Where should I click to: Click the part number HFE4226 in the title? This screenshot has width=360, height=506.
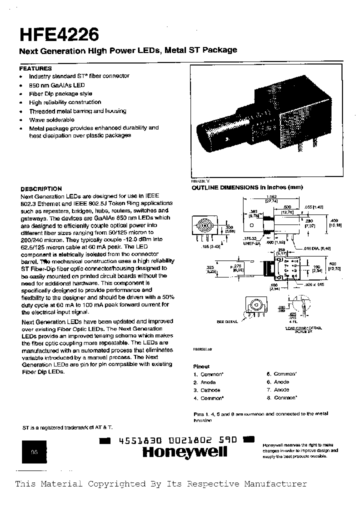tap(59, 34)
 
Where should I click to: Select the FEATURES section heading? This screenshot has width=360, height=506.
tap(35, 68)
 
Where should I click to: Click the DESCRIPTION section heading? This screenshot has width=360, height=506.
tap(41, 189)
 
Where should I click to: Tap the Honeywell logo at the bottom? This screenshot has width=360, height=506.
tap(184, 452)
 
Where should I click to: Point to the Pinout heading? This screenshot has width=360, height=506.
tap(201, 366)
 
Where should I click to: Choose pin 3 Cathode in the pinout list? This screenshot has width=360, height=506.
tap(207, 390)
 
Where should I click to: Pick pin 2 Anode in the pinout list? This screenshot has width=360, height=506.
tap(205, 382)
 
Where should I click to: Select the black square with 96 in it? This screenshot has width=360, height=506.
tap(34, 452)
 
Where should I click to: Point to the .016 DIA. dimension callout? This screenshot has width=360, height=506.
tap(319, 248)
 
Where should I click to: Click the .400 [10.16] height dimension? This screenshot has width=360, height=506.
tap(334, 223)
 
